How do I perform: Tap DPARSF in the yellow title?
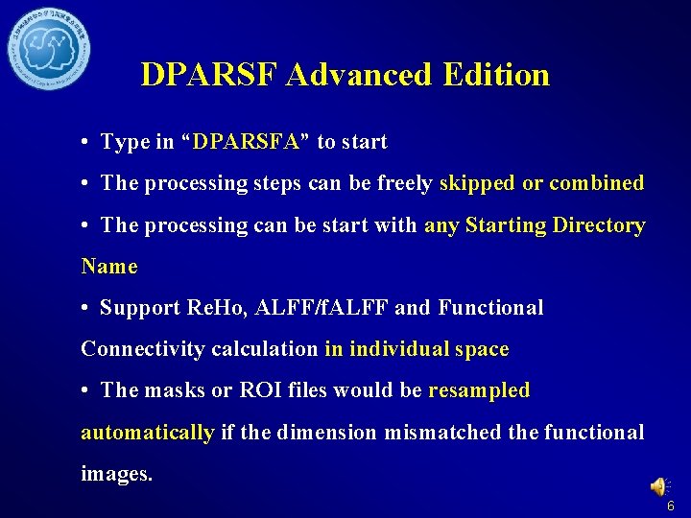coord(211,75)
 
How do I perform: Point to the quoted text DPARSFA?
coord(247,143)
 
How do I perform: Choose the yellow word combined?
coord(596,183)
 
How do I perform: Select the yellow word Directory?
coord(597,225)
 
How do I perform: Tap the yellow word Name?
coord(109,267)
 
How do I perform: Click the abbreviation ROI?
coord(261,390)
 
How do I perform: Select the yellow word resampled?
coord(479,390)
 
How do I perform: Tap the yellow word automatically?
coord(148,433)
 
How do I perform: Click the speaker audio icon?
coord(661,487)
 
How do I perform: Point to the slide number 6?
coord(670,506)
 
